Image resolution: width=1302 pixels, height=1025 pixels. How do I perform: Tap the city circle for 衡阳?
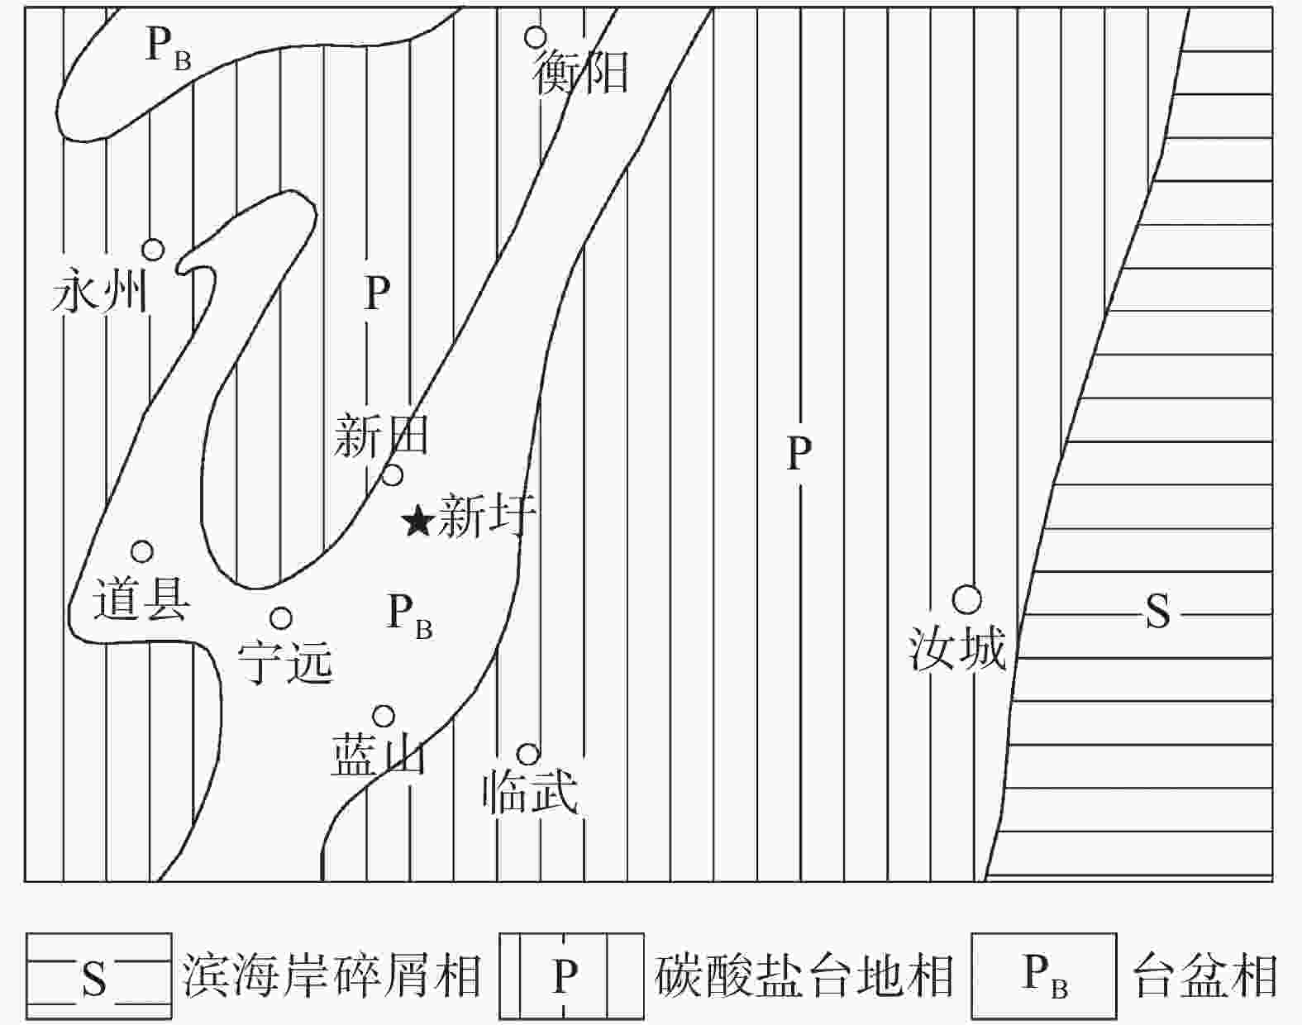click(x=536, y=36)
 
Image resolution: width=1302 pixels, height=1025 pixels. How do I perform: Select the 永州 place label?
click(x=99, y=292)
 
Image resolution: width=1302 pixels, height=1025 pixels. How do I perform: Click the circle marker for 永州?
click(x=153, y=249)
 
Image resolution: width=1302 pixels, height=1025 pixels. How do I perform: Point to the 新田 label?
click(x=381, y=436)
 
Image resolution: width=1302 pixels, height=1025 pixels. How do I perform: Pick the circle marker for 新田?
click(x=393, y=475)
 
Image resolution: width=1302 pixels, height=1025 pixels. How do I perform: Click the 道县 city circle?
click(x=142, y=551)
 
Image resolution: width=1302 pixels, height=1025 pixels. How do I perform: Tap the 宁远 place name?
click(x=285, y=661)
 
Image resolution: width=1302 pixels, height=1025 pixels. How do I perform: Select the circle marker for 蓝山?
click(x=384, y=716)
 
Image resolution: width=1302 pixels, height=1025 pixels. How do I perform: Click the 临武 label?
click(x=530, y=791)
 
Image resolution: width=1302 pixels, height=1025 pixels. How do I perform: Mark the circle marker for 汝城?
click(x=966, y=599)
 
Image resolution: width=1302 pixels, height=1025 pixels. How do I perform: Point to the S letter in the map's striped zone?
click(x=1157, y=612)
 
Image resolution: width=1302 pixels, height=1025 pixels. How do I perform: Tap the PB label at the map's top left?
click(x=167, y=45)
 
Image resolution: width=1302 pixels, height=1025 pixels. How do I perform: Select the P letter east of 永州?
click(x=377, y=293)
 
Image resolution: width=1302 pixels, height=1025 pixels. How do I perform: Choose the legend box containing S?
click(x=98, y=975)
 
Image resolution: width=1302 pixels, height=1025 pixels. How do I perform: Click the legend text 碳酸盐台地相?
click(x=804, y=975)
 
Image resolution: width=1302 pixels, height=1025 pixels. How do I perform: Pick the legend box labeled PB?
click(x=1043, y=975)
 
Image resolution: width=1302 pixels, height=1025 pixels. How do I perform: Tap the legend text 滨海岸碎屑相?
click(x=331, y=975)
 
